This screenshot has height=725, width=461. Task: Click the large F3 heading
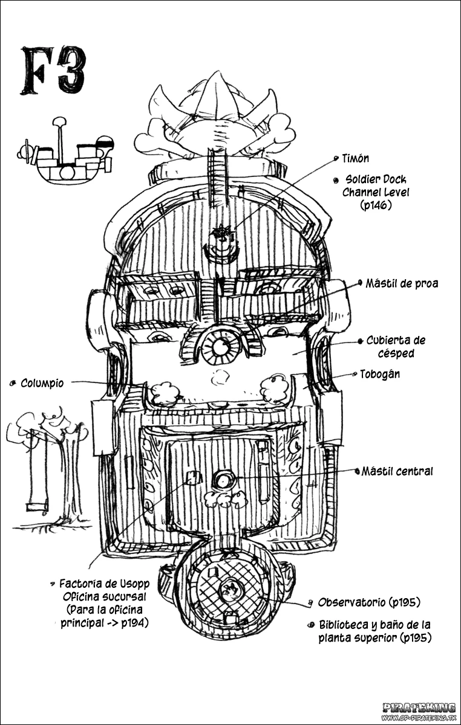point(54,71)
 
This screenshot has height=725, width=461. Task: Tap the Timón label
point(356,158)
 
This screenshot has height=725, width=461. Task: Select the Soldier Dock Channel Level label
point(376,192)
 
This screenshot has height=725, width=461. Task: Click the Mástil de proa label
point(402,283)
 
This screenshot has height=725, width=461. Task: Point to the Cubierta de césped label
point(396,347)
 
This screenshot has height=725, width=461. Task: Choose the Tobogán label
point(380,374)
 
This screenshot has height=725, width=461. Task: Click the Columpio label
point(42,383)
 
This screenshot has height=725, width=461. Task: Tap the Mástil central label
point(397,471)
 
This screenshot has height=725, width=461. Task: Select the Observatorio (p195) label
point(369,602)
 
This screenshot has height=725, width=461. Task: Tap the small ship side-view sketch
point(66,150)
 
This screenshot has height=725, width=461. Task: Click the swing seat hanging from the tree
point(37,506)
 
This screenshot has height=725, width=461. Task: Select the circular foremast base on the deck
point(221,347)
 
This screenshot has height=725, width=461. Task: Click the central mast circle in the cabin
point(224,482)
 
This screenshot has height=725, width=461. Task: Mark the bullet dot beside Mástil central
point(358,471)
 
